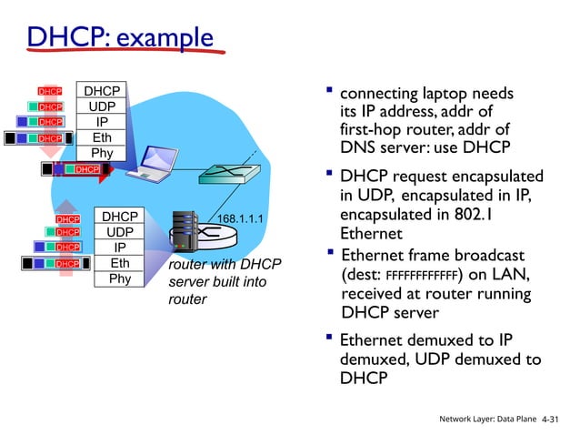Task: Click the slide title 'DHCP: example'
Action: [x=118, y=38]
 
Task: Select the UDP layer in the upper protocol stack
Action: [x=102, y=106]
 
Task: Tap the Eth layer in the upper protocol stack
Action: [x=102, y=137]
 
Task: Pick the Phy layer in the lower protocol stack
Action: [x=120, y=279]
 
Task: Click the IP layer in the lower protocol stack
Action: [x=120, y=248]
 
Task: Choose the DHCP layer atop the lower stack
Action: [x=120, y=217]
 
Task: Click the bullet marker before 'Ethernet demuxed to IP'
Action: [x=329, y=339]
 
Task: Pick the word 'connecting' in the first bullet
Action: [x=382, y=93]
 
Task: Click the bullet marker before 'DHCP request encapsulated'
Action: [x=329, y=174]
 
